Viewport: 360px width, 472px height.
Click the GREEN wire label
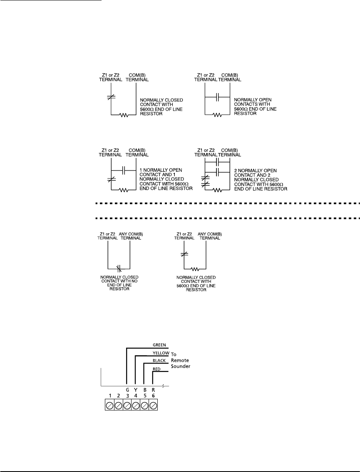pyautogui.click(x=160, y=345)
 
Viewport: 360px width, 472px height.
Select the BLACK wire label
pyautogui.click(x=159, y=361)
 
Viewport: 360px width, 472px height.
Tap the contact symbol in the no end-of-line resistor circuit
pyautogui.click(x=118, y=267)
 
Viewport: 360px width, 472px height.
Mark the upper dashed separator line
pyautogui.click(x=225, y=204)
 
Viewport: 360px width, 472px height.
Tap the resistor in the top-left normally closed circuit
pyautogui.click(x=124, y=115)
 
